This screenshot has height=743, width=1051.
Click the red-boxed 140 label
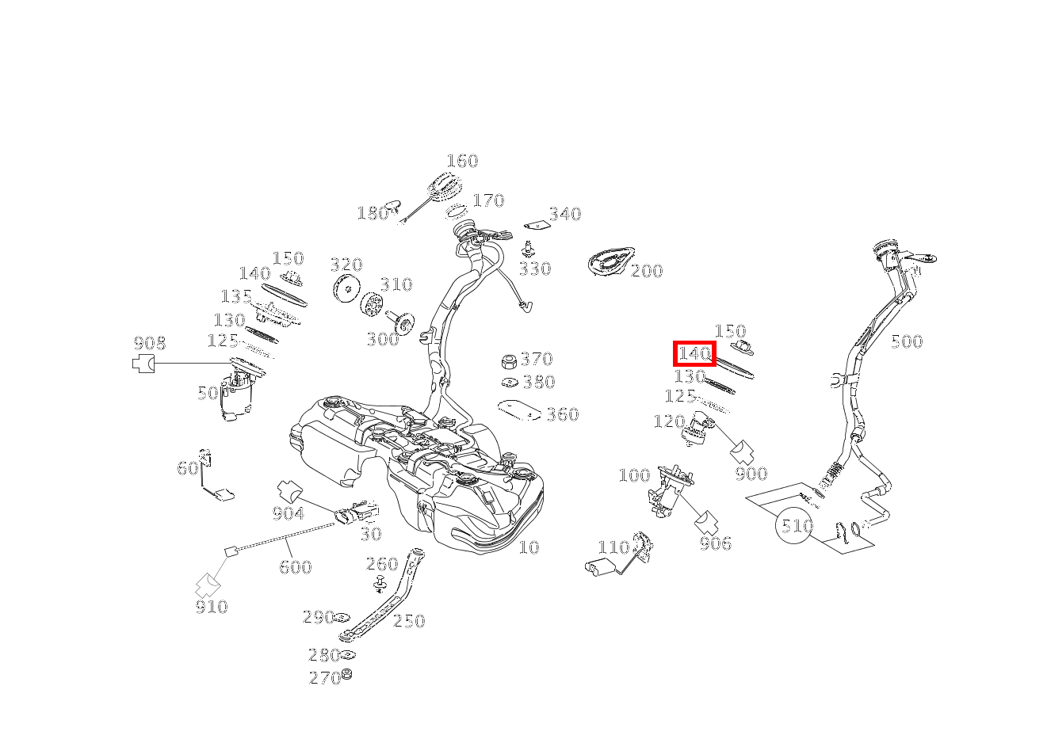point(694,353)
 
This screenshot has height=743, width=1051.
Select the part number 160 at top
point(462,162)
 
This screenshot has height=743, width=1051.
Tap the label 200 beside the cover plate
point(647,271)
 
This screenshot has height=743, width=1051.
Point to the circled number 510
point(794,525)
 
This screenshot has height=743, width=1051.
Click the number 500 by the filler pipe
point(907,341)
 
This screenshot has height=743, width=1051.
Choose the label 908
point(150,343)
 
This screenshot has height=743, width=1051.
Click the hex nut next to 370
point(509,361)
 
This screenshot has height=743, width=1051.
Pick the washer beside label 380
point(510,383)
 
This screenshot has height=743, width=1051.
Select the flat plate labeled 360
point(519,410)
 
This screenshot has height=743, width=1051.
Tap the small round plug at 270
point(347,674)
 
